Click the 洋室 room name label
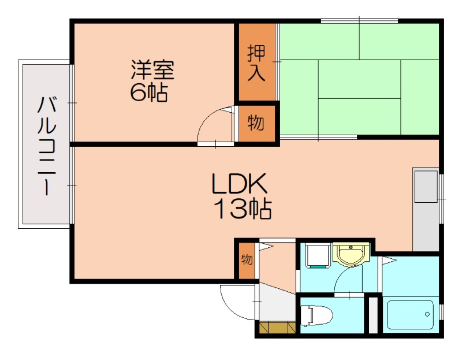coord(152,70)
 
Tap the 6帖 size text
coord(148,92)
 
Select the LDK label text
coord(239,185)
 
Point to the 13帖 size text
coord(243,209)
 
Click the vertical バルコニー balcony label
coord(46,146)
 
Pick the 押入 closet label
coord(256,62)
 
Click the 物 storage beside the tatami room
coord(256,123)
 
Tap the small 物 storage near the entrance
coord(247,259)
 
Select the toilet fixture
coord(316,316)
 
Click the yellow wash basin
coord(351,254)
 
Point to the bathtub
coord(409,316)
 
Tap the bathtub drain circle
coord(427,315)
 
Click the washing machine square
coord(316,255)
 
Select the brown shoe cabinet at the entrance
coord(277,328)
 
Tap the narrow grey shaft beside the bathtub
coord(373,314)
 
